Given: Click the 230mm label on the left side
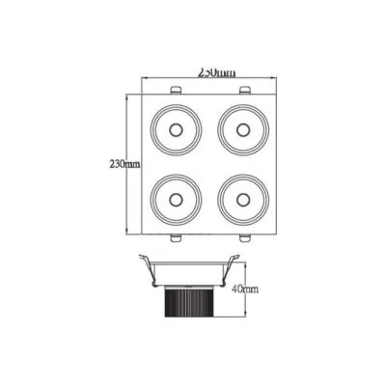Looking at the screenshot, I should tap(125, 163).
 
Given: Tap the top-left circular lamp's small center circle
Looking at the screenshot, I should tap(176, 128).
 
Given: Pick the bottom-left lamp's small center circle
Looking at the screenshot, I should tap(176, 199).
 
